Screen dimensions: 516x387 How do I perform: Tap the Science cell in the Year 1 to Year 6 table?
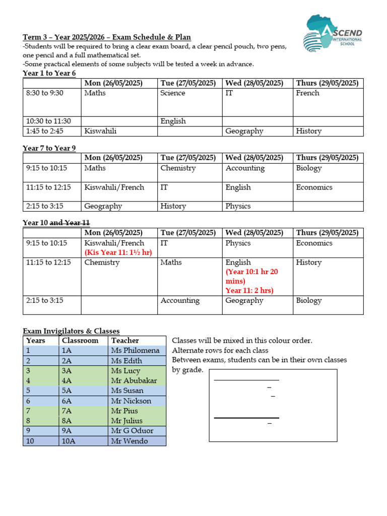(173, 93)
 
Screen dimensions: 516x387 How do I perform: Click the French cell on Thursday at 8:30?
(307, 93)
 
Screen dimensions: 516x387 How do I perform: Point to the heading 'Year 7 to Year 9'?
(49, 148)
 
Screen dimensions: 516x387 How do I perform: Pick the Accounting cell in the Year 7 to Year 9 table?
(245, 168)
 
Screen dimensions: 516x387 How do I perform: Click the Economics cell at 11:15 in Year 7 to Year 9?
(314, 187)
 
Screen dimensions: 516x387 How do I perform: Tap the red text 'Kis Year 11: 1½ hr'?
(118, 252)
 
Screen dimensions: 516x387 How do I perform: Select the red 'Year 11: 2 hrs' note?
(249, 290)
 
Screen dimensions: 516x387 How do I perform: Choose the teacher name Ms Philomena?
(135, 350)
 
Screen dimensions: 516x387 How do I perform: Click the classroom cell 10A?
(69, 441)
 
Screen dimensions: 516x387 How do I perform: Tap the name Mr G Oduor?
(133, 431)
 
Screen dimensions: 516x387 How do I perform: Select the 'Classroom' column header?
(80, 341)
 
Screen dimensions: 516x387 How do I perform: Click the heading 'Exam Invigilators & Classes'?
(71, 331)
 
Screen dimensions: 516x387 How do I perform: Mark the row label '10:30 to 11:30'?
(48, 121)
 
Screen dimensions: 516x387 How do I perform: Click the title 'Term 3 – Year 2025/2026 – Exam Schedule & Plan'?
(107, 37)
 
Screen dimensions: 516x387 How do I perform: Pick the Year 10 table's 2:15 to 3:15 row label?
(46, 300)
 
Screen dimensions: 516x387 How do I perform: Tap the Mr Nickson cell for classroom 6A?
(131, 401)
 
